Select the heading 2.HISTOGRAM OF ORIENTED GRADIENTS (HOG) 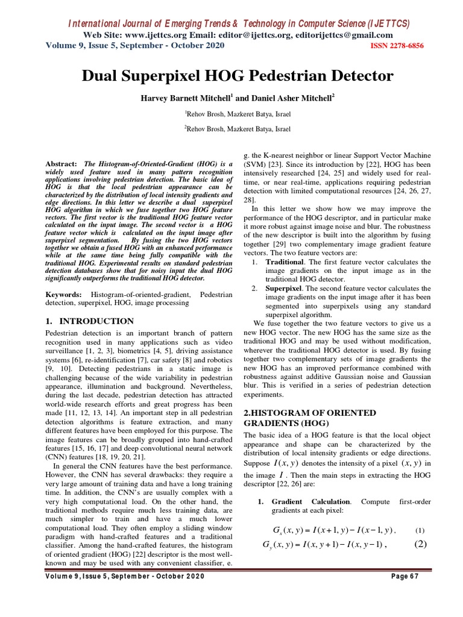point(309,418)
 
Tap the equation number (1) point(420,531)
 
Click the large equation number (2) point(420,545)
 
